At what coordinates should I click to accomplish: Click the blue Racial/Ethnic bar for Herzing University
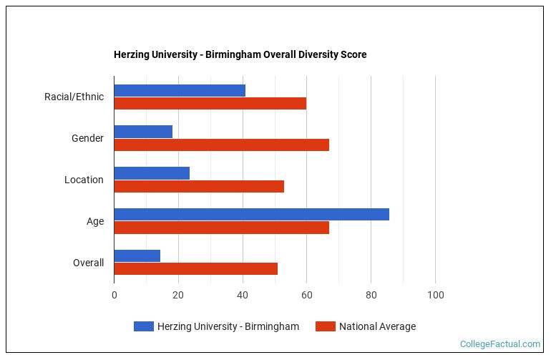[180, 90]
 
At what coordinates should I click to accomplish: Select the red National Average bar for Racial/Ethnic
[210, 103]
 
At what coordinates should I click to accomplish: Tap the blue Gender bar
[143, 132]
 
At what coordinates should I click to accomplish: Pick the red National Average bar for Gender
[221, 145]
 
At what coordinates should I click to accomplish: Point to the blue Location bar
[152, 173]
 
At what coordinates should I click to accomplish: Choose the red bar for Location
[199, 186]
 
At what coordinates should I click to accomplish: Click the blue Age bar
[251, 215]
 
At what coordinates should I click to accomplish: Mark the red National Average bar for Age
[221, 228]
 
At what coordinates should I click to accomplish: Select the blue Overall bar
[137, 256]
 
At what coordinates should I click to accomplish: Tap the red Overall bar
[195, 269]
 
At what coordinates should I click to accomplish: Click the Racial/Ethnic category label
[74, 97]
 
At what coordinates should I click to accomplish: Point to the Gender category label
[87, 138]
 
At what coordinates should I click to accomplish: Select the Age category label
[95, 221]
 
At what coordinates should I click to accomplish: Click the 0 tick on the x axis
[114, 295]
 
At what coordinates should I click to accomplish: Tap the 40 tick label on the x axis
[243, 295]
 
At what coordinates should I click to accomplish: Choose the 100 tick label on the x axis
[435, 295]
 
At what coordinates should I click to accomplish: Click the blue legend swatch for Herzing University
[143, 326]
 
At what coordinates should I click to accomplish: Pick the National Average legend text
[377, 326]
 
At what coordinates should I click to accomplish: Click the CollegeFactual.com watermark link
[499, 344]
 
